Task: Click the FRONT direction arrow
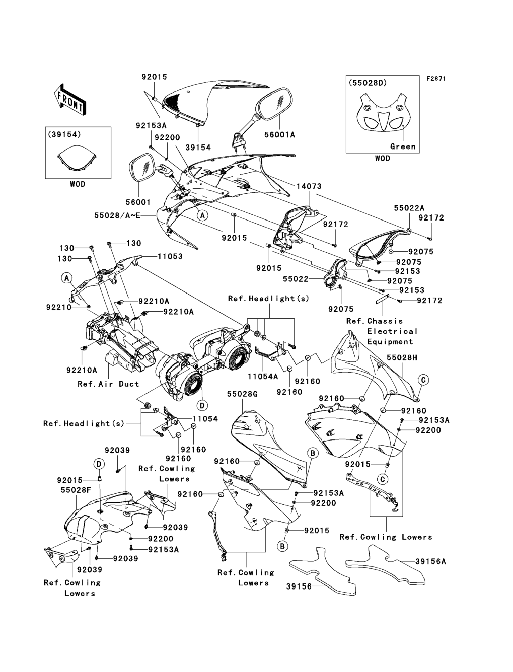[x=70, y=100]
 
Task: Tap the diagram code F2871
[x=436, y=79]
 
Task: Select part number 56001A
[x=280, y=135]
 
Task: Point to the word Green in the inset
[x=403, y=147]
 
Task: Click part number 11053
[x=170, y=256]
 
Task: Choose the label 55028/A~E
[x=117, y=216]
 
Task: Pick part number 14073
[x=309, y=186]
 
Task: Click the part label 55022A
[x=409, y=208]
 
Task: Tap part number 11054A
[x=262, y=377]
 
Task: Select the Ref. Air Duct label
[x=108, y=384]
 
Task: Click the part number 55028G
[x=242, y=394]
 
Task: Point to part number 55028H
[x=402, y=357]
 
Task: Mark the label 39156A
[x=431, y=561]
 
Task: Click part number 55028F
[x=76, y=490]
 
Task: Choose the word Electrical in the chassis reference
[x=392, y=331]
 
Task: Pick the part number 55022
[x=295, y=279]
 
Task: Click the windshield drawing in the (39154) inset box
[x=78, y=157]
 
